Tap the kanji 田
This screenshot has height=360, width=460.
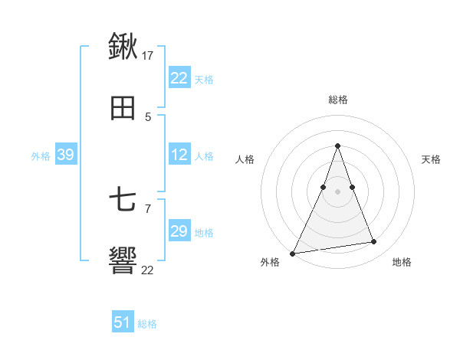tap(123, 109)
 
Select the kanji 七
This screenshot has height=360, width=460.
tap(123, 201)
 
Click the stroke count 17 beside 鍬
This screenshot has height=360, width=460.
tap(149, 55)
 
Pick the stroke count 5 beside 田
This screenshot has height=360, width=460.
tap(148, 117)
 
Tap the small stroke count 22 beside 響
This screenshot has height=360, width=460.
tap(148, 270)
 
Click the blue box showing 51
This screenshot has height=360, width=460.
tap(123, 322)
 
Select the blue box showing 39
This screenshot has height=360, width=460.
tap(65, 155)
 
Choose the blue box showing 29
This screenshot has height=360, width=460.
tap(179, 231)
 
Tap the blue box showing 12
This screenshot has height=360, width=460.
tap(179, 155)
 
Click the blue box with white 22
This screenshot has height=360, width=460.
tap(179, 78)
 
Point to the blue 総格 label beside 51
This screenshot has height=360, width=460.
tap(147, 324)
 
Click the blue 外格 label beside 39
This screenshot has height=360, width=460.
tap(41, 156)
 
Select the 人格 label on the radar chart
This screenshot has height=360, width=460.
tap(245, 159)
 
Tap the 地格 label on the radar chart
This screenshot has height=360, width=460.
tap(402, 262)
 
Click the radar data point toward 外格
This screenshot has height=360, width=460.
tap(293, 253)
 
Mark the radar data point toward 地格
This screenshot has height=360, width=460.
tap(374, 242)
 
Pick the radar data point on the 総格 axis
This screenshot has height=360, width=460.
tap(337, 146)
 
